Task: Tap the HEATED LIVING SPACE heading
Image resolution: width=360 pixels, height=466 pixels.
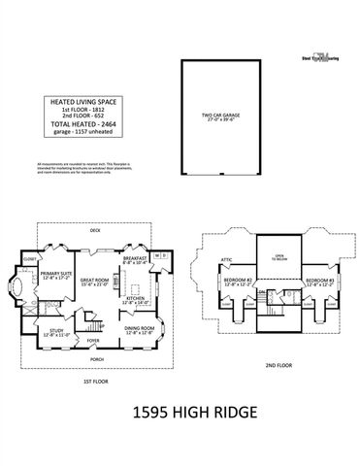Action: [x=79, y=98]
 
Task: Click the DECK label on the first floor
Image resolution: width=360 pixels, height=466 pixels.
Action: [x=95, y=231]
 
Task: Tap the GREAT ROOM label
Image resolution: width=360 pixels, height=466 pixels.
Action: [x=95, y=281]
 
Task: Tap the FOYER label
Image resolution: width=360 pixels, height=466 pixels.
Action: [x=94, y=341]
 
